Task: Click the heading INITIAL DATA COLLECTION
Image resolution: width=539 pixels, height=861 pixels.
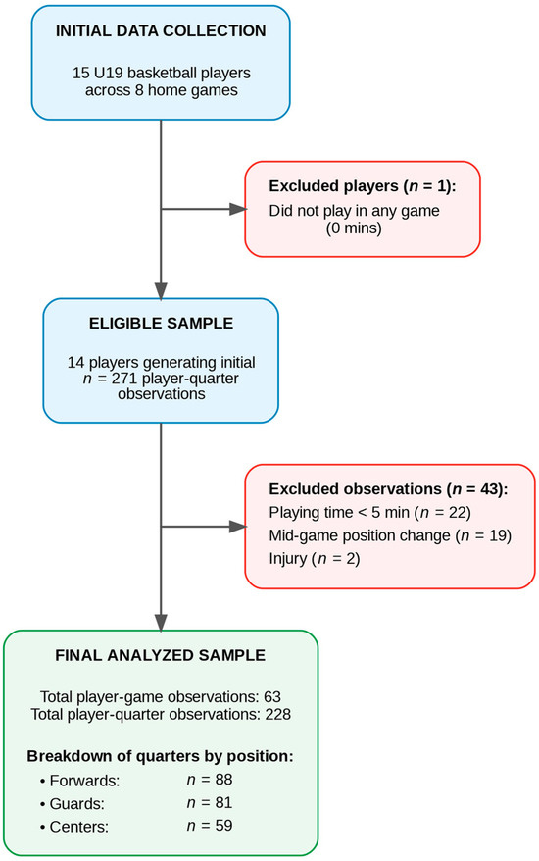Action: [161, 30]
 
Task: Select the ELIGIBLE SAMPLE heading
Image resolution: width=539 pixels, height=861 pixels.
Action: [161, 323]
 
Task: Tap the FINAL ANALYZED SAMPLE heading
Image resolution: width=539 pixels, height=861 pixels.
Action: [161, 655]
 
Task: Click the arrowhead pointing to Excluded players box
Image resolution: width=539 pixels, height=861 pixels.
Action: [238, 209]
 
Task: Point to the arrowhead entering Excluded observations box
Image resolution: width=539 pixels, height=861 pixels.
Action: [238, 527]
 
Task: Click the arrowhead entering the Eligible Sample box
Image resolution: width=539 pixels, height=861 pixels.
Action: [161, 291]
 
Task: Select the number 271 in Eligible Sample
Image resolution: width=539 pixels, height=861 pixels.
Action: [124, 379]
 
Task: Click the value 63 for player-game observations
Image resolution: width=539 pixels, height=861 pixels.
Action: [272, 697]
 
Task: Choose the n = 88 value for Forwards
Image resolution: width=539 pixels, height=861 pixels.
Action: [209, 780]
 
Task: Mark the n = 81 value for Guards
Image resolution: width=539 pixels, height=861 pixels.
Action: [209, 802]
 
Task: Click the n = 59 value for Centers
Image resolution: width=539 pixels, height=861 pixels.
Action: [209, 826]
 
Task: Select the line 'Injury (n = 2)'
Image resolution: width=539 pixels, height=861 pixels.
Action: [314, 558]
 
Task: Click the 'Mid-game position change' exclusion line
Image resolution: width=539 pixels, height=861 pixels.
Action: [390, 535]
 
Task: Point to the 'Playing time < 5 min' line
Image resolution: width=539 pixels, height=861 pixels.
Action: [369, 512]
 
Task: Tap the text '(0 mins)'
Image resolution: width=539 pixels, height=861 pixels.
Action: [354, 228]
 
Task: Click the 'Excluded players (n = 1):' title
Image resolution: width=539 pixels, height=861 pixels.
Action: [363, 186]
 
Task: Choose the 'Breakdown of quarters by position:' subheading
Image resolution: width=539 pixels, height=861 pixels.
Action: [161, 756]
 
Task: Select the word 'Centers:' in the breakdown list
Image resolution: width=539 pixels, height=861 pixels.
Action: [79, 827]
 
